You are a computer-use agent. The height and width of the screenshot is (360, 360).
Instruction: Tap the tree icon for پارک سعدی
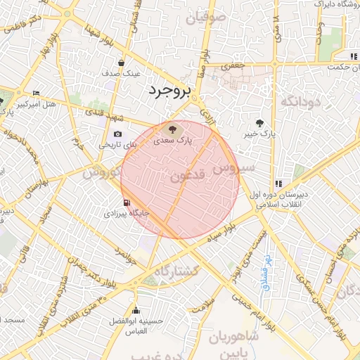169,129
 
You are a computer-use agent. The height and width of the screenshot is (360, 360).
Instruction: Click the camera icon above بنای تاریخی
117,134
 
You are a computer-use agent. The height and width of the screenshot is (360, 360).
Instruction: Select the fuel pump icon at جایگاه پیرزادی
126,201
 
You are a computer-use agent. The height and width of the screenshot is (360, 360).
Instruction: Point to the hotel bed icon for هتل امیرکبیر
36,94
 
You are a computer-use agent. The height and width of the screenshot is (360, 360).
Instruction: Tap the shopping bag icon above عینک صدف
122,63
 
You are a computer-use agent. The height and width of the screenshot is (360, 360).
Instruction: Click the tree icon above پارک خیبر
262,122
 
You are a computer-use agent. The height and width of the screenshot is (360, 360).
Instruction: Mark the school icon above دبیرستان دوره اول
278,184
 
